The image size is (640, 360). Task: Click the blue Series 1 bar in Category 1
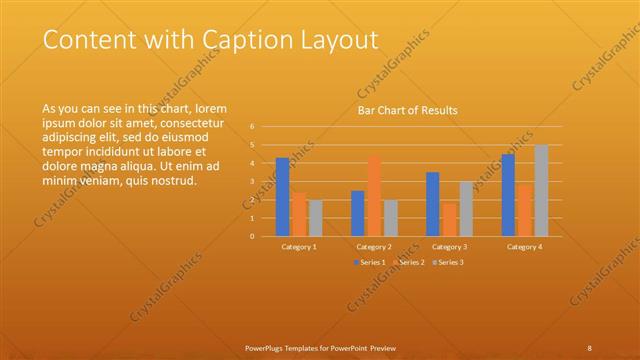[x=283, y=197]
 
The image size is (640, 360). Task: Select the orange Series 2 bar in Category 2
[x=374, y=196]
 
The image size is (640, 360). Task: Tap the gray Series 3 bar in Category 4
[x=541, y=190]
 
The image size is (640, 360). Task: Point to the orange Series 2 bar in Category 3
[x=449, y=219]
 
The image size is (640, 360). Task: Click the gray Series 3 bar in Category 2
[x=390, y=218]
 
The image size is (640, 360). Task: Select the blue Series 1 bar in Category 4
[x=508, y=195]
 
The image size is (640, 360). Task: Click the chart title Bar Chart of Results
[x=408, y=111]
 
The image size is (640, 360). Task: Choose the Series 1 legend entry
[x=369, y=262]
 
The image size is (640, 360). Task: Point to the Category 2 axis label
[x=374, y=246]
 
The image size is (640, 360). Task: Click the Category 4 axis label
[x=524, y=246]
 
